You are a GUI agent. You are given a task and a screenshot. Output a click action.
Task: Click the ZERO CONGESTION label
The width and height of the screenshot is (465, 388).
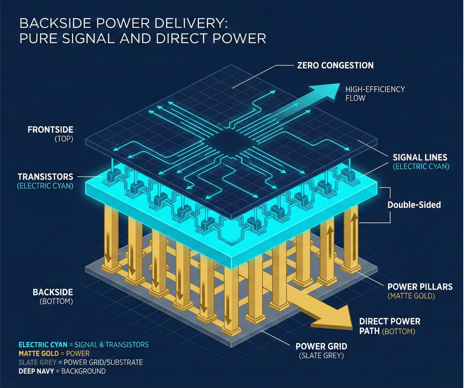[x=335, y=65]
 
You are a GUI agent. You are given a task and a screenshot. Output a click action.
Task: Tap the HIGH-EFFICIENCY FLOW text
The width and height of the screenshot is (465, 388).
[x=375, y=94]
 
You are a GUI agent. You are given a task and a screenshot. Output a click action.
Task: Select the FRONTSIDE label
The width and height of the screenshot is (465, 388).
[x=51, y=130]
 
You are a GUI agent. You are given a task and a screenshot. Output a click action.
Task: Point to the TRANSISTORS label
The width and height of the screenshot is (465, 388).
[x=45, y=177]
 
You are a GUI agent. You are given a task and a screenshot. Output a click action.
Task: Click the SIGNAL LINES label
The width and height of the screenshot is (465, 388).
[x=420, y=157]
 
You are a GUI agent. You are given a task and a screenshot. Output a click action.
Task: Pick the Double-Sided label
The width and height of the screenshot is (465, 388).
[x=414, y=205]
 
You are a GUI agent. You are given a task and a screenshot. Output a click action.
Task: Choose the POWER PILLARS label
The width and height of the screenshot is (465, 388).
[x=420, y=287]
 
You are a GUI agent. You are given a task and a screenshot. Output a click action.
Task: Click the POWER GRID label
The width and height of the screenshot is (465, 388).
[x=321, y=346]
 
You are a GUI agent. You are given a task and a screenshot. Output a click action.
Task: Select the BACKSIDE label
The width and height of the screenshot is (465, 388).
[x=53, y=292]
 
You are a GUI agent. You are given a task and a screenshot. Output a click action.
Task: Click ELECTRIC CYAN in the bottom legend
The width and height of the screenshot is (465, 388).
[x=43, y=345]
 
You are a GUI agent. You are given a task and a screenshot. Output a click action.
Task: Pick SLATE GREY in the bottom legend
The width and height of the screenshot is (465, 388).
[x=37, y=362]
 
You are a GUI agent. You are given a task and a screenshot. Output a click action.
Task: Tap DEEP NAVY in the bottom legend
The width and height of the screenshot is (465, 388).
[x=36, y=371]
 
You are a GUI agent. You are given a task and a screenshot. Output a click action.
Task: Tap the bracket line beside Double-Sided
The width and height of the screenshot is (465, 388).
[x=390, y=205]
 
